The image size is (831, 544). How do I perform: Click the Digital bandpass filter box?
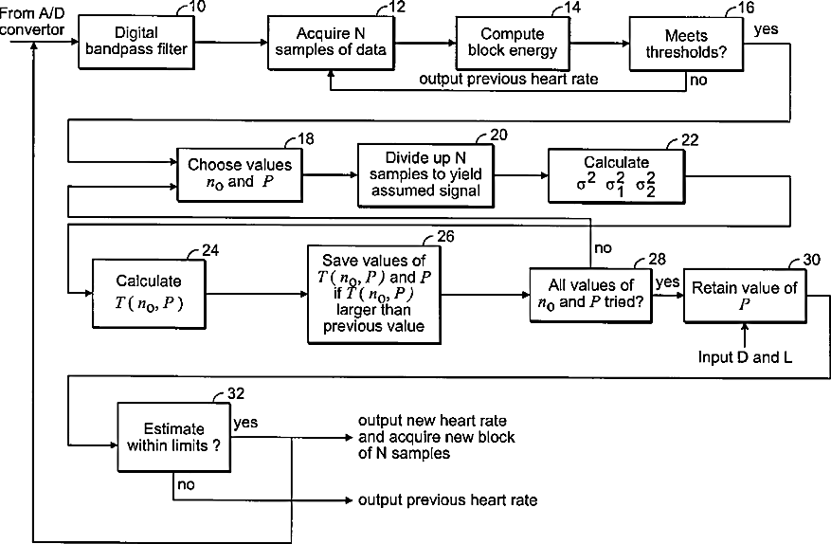(136, 42)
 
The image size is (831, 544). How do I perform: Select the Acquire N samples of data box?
(331, 43)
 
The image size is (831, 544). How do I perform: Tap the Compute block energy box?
(513, 43)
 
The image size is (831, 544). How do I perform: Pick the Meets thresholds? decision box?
(686, 44)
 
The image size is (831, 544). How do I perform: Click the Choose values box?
(240, 175)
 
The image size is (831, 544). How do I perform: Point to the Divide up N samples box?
(425, 175)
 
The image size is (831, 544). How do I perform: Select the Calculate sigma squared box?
(616, 176)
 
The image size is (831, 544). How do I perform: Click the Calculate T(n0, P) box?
(149, 294)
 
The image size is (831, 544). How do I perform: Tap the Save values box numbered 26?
(374, 294)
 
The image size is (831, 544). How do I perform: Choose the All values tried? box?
(590, 295)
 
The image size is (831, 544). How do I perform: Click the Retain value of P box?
(745, 296)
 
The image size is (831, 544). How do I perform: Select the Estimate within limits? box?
(173, 437)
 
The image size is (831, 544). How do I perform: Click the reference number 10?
(197, 7)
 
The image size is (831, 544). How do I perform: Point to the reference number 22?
(690, 140)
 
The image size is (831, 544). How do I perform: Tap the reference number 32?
(236, 393)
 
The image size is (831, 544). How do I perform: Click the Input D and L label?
(745, 357)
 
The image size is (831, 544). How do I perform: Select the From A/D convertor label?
(32, 22)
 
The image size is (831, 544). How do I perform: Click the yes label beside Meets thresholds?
(767, 29)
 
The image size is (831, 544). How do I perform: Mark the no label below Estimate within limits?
(186, 484)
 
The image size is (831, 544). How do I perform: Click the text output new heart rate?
(432, 421)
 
